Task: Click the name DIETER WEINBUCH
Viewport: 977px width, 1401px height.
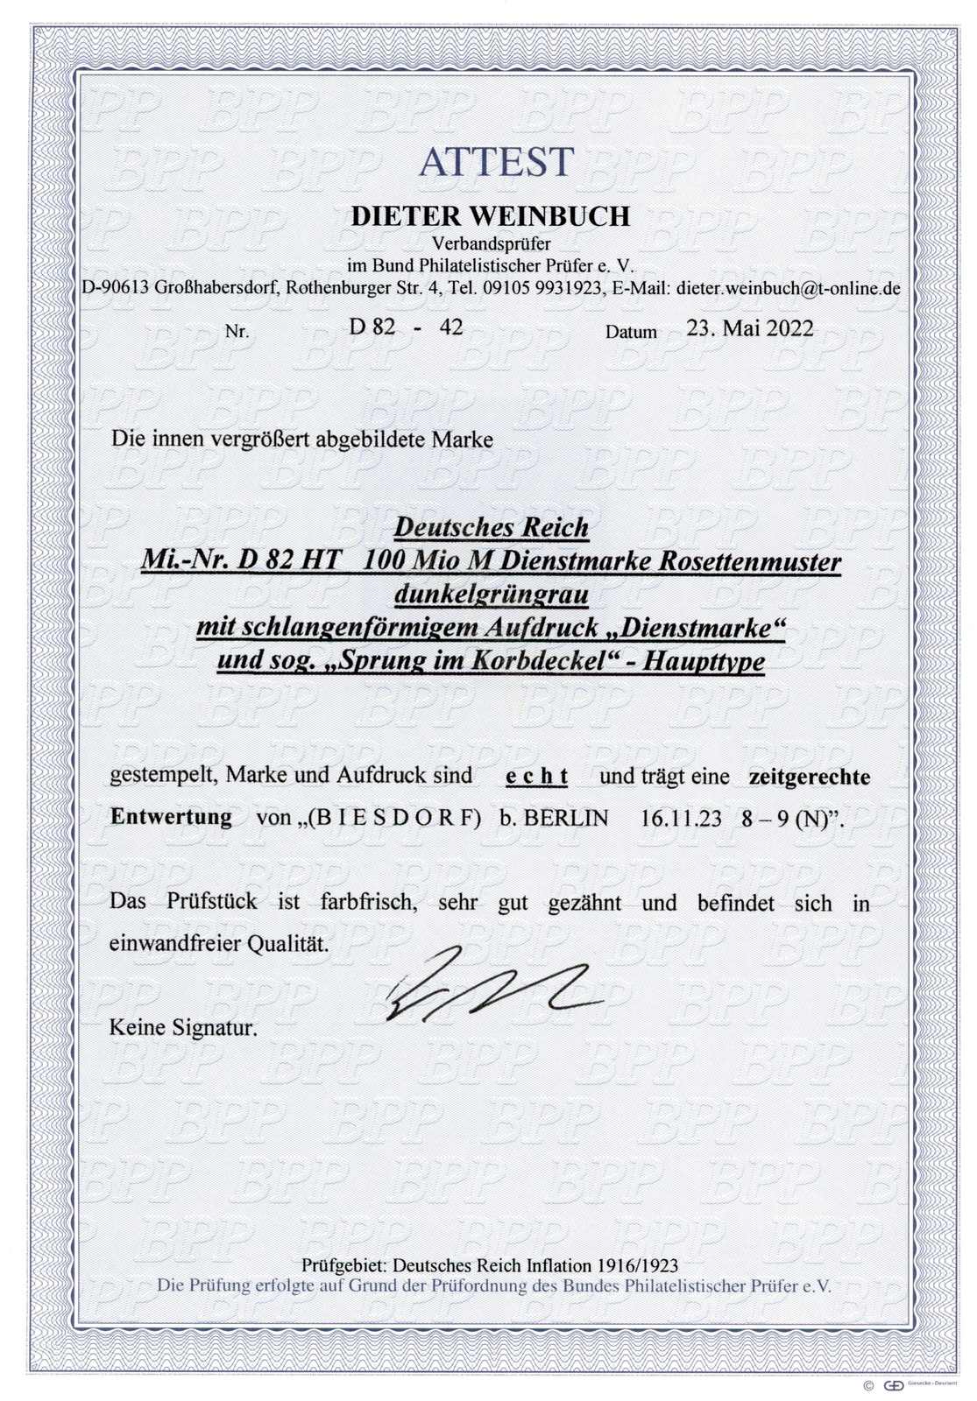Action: pyautogui.click(x=490, y=217)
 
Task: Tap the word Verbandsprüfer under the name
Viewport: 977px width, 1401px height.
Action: pyautogui.click(x=491, y=244)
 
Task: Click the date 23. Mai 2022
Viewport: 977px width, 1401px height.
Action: pyautogui.click(x=748, y=328)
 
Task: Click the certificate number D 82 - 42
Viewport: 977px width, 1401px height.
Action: pyautogui.click(x=406, y=327)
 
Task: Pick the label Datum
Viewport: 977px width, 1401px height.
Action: pyautogui.click(x=631, y=332)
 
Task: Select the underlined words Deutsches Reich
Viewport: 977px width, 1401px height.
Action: pyautogui.click(x=491, y=528)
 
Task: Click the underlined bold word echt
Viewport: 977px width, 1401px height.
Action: pyautogui.click(x=537, y=776)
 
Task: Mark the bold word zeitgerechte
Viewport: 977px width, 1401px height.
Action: pyautogui.click(x=808, y=776)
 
